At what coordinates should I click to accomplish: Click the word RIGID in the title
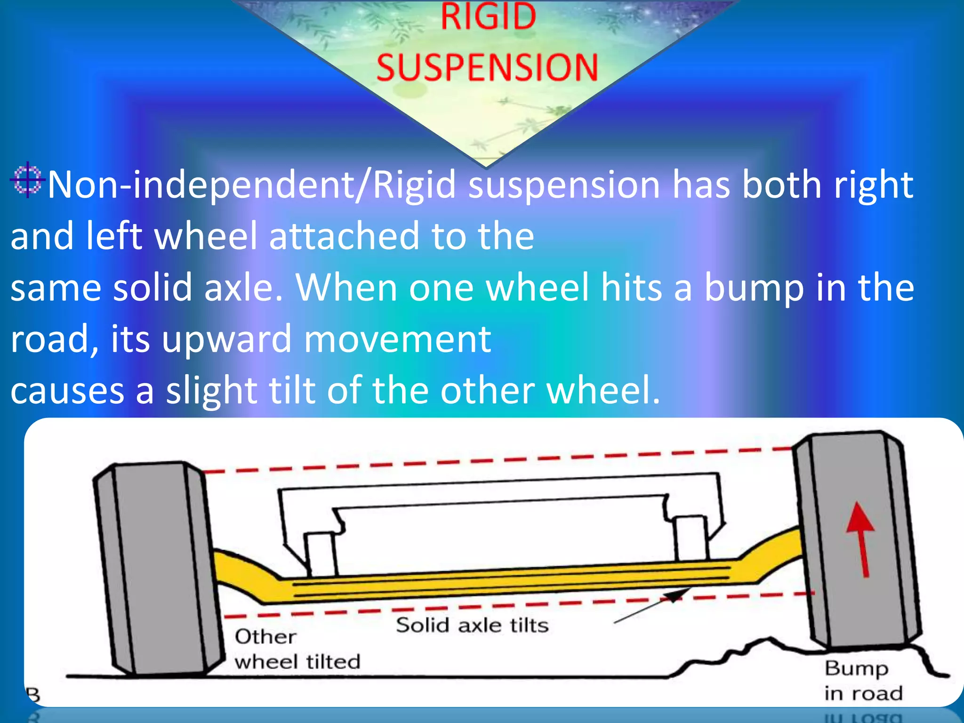[x=488, y=17]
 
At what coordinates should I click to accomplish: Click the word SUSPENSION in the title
[x=487, y=67]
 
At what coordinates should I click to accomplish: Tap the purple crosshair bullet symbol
[x=28, y=180]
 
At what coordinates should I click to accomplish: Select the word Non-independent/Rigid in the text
[x=252, y=185]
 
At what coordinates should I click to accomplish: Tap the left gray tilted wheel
[x=155, y=570]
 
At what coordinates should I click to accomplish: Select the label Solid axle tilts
[x=472, y=625]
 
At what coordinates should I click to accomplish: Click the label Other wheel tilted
[x=297, y=650]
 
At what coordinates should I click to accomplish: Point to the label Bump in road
[x=863, y=680]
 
